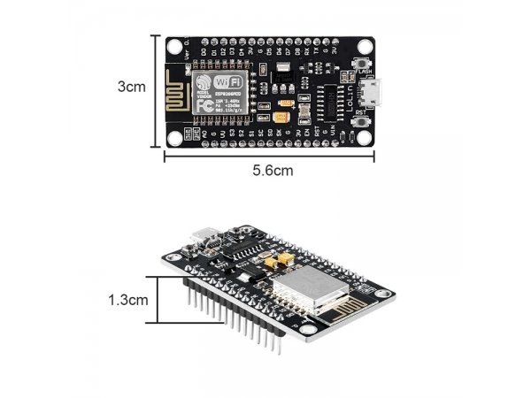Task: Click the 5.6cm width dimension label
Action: (270, 171)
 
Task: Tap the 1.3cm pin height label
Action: (128, 300)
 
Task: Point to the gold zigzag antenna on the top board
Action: (176, 91)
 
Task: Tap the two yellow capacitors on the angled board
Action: (277, 260)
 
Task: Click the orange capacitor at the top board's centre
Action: (282, 117)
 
